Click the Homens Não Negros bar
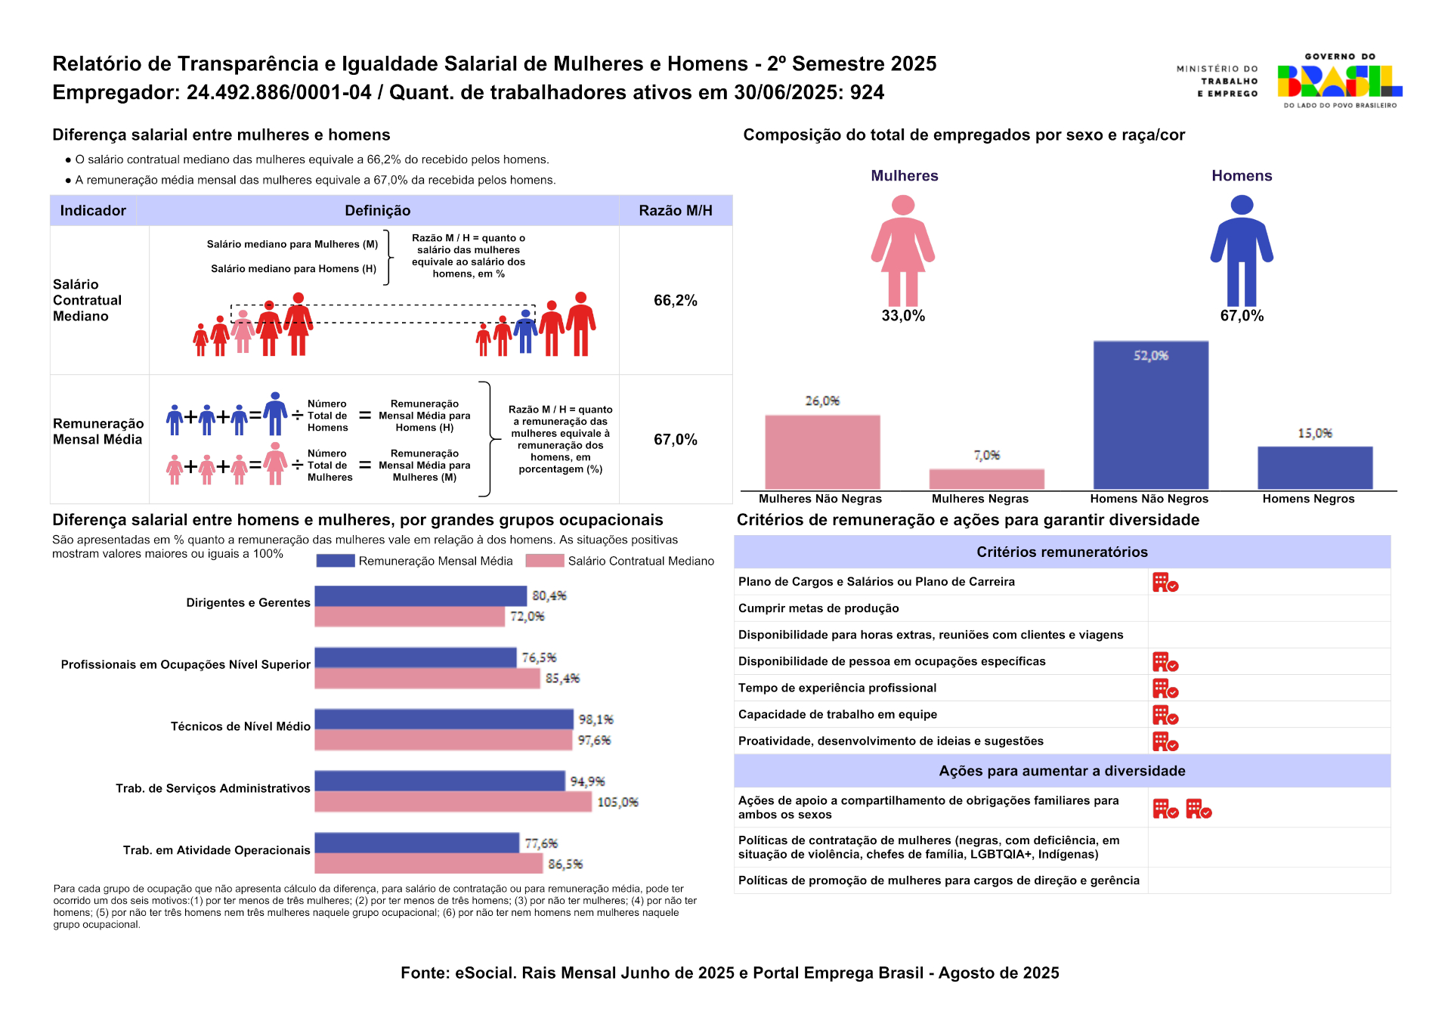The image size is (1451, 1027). (x=1150, y=416)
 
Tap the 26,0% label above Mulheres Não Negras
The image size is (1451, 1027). (x=822, y=401)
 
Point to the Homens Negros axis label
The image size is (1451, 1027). (x=1308, y=499)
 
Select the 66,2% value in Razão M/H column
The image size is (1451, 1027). (x=675, y=301)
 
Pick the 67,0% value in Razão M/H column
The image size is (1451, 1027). (x=675, y=440)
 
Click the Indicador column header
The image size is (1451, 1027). (x=93, y=211)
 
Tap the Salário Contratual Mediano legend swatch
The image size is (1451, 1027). (x=544, y=561)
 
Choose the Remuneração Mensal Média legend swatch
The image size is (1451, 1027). (x=335, y=561)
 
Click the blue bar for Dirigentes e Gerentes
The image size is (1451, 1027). (x=420, y=596)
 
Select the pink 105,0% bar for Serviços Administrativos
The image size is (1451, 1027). (x=453, y=803)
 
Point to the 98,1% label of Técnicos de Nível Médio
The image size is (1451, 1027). (x=596, y=719)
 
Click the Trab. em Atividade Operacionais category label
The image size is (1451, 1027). (x=216, y=850)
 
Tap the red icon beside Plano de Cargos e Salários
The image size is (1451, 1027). (x=1165, y=583)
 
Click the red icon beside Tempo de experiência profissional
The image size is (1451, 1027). (x=1165, y=688)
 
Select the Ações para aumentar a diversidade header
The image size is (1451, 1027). (x=1062, y=771)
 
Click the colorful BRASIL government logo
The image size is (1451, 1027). (x=1339, y=82)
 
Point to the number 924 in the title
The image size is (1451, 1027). (x=867, y=93)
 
